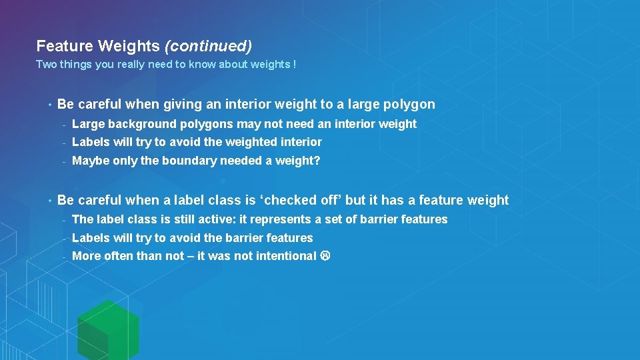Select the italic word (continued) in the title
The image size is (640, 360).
(x=208, y=46)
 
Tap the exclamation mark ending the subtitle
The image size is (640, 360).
(x=295, y=65)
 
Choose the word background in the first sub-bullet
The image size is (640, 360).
(x=143, y=124)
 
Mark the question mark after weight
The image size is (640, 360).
(x=317, y=161)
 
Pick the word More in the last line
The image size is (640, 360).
(x=86, y=256)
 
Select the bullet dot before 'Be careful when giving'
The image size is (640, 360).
(x=49, y=105)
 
